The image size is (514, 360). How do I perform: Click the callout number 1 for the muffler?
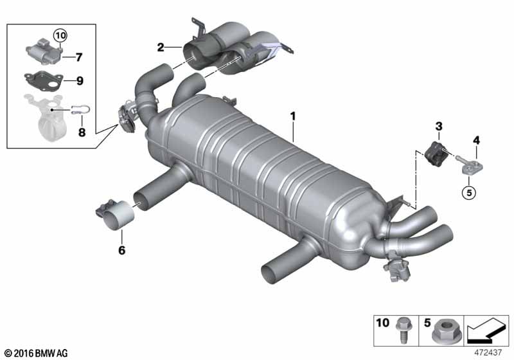(293, 116)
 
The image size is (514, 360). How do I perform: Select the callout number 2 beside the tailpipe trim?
(160, 48)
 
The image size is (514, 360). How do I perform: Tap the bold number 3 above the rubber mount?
(439, 126)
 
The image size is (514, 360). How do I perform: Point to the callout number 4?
(476, 141)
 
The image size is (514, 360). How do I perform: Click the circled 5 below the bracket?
(469, 192)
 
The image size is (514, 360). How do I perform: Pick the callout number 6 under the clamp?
(121, 250)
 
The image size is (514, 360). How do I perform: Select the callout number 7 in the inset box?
(78, 57)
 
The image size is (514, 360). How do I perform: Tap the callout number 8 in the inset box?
(82, 132)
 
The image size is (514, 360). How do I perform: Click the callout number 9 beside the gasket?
(80, 80)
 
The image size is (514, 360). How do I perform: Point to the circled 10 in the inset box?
(60, 35)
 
